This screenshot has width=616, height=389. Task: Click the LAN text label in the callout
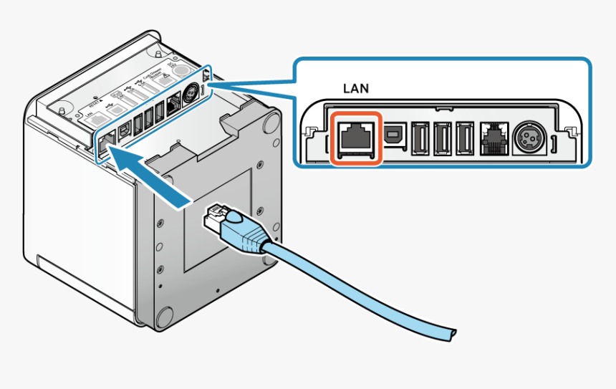(356, 90)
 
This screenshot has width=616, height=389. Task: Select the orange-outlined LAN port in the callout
(355, 138)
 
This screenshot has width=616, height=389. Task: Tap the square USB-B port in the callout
(394, 135)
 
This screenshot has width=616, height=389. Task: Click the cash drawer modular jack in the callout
(495, 138)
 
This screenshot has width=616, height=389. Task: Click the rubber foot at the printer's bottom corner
(163, 317)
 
